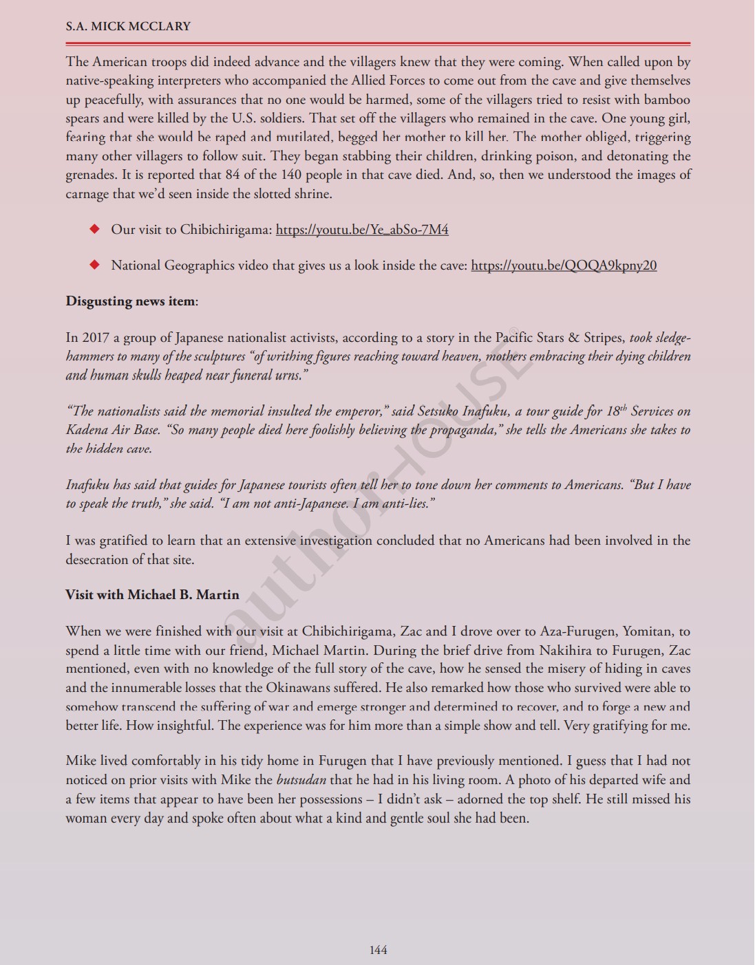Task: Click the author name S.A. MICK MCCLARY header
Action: [128, 27]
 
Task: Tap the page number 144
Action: [378, 950]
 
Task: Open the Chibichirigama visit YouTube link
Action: [362, 230]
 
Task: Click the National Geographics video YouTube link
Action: [564, 265]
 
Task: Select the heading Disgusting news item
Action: [131, 301]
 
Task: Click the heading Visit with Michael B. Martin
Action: [152, 595]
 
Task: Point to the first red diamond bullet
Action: [95, 229]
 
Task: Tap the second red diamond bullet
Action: [95, 265]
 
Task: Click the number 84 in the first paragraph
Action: [233, 175]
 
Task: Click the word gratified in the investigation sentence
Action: [127, 541]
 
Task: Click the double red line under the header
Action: [378, 43]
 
